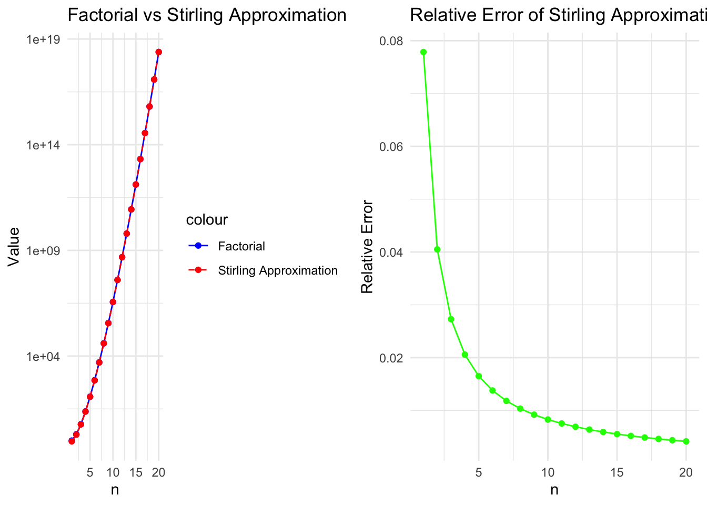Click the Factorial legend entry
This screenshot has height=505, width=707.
coord(241,246)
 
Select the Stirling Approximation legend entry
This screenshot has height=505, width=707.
coord(278,270)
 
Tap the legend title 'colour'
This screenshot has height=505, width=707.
coord(207,220)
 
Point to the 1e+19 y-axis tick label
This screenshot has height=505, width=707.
coord(44,40)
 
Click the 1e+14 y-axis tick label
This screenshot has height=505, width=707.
coord(44,145)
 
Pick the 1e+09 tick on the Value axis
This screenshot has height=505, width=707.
coord(44,251)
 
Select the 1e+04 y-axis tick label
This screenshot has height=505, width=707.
coord(44,357)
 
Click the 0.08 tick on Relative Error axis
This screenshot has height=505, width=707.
coord(391,41)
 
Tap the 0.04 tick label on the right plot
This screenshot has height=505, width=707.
coord(391,252)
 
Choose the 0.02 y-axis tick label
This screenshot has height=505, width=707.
coord(391,358)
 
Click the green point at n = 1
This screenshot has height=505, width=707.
coord(423,52)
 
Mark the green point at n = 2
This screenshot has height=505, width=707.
coord(437,249)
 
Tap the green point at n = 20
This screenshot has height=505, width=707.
coord(686,441)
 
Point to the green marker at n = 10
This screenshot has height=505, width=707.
coord(548,419)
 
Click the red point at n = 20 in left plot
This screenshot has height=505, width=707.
coord(159,52)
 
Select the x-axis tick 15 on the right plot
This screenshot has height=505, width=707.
coord(617,472)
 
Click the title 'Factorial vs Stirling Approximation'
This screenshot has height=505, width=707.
coord(207,15)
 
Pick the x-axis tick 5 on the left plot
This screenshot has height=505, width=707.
coord(90,472)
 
